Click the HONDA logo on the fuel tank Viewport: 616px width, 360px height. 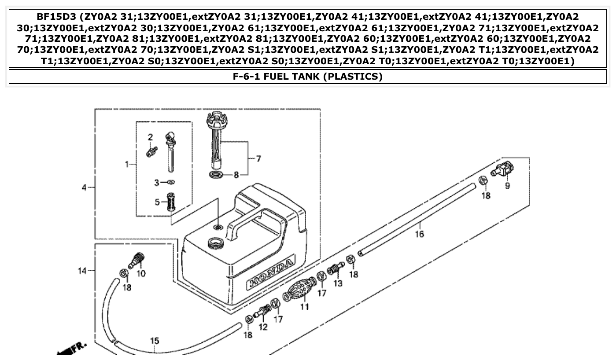pyautogui.click(x=270, y=273)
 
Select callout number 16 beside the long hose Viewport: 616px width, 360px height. pyautogui.click(x=419, y=234)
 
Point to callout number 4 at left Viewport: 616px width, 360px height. pyautogui.click(x=84, y=188)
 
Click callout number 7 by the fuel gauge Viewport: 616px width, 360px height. pyautogui.click(x=258, y=159)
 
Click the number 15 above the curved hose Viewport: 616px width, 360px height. pyautogui.click(x=155, y=341)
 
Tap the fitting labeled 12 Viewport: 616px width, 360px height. pyautogui.click(x=262, y=313)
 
